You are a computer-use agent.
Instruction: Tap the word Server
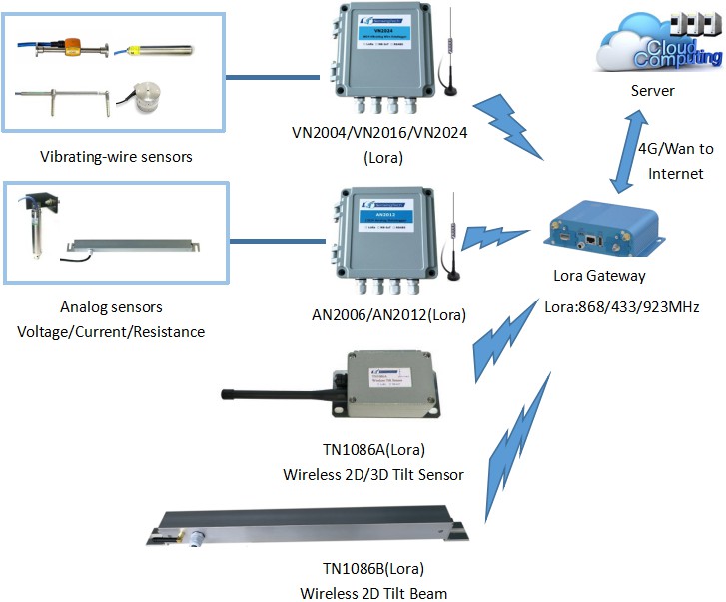(x=653, y=91)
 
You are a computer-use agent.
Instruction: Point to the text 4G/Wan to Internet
(x=676, y=161)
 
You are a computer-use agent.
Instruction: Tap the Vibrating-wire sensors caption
(x=116, y=157)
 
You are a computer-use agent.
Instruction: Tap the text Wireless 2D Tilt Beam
(x=373, y=593)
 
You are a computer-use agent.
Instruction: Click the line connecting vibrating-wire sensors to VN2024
(x=274, y=75)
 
